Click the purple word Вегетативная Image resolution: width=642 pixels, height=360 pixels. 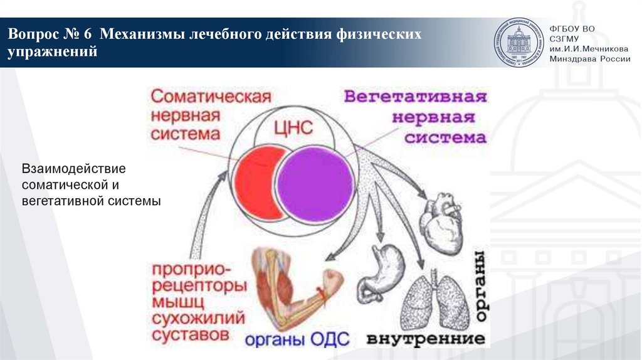tap(415, 98)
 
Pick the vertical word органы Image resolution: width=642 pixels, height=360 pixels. tap(480, 286)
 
